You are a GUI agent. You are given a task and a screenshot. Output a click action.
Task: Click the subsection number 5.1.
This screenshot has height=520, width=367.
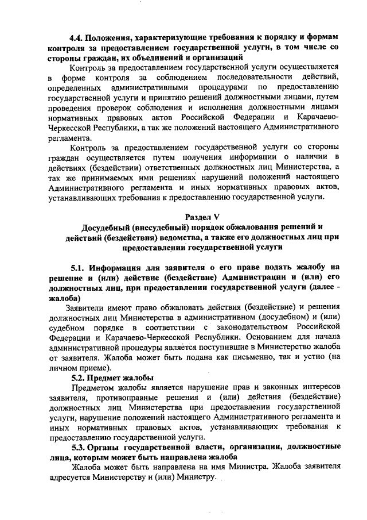[x=79, y=268]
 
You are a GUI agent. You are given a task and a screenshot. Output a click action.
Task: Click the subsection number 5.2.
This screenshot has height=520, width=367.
[x=79, y=378]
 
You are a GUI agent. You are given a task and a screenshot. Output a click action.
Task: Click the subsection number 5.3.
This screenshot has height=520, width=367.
[x=79, y=450]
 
